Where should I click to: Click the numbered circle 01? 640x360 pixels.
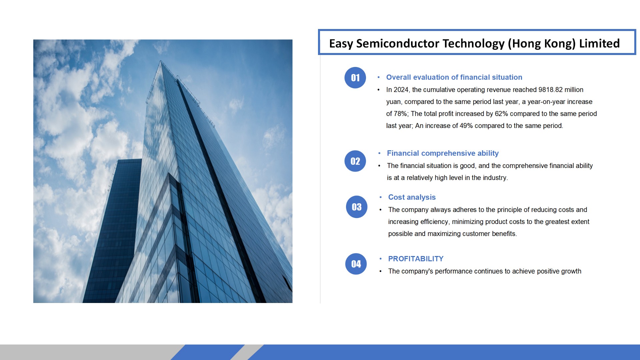tap(355, 78)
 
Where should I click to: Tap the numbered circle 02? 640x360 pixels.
tap(355, 161)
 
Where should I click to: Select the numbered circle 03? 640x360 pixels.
tap(357, 207)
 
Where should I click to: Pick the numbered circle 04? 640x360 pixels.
tap(356, 264)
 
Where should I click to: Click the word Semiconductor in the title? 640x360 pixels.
tap(398, 43)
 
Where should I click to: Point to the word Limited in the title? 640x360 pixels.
tap(599, 43)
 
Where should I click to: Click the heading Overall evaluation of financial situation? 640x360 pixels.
tap(454, 77)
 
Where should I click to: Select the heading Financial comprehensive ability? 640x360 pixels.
tap(443, 153)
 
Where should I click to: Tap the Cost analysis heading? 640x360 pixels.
tap(412, 197)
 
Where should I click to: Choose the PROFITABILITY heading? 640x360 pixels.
tap(416, 259)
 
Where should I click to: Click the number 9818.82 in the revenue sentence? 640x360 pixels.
tap(550, 90)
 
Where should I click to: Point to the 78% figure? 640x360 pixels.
tap(401, 114)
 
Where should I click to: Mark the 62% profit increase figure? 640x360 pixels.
tap(501, 114)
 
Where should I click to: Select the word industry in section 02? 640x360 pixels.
tap(495, 178)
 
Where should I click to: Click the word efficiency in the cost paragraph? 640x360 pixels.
tap(435, 222)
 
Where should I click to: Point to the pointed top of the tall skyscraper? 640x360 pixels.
tap(161, 61)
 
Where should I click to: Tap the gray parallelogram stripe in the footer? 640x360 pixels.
tap(246, 352)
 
